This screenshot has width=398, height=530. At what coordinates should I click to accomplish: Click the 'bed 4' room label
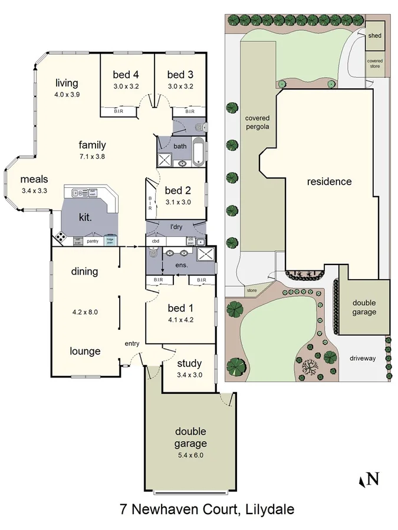pyautogui.click(x=126, y=75)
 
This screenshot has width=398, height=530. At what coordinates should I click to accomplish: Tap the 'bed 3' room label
pyautogui.click(x=180, y=75)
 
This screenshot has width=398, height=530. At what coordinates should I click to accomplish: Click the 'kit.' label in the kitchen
pyautogui.click(x=86, y=217)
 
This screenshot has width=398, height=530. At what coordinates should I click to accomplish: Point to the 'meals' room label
pyautogui.click(x=34, y=179)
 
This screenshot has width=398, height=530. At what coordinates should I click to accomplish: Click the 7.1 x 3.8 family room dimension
pyautogui.click(x=93, y=156)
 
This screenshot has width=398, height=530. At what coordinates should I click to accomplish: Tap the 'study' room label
pyautogui.click(x=189, y=363)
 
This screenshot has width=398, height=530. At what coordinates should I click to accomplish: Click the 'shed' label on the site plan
pyautogui.click(x=374, y=36)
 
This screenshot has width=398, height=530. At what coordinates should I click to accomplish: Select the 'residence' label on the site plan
pyautogui.click(x=329, y=181)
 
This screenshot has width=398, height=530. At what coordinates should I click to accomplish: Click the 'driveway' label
pyautogui.click(x=362, y=358)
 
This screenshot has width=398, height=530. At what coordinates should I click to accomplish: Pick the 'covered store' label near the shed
pyautogui.click(x=374, y=64)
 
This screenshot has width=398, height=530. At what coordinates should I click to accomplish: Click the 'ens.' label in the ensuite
pyautogui.click(x=182, y=266)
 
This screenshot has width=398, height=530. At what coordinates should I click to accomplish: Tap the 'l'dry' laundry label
pyautogui.click(x=176, y=227)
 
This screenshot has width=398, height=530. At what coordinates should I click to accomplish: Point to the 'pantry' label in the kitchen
pyautogui.click(x=92, y=241)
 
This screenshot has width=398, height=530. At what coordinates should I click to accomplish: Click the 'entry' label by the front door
pyautogui.click(x=131, y=344)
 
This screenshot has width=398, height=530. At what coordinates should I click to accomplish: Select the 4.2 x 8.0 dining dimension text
pyautogui.click(x=84, y=312)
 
